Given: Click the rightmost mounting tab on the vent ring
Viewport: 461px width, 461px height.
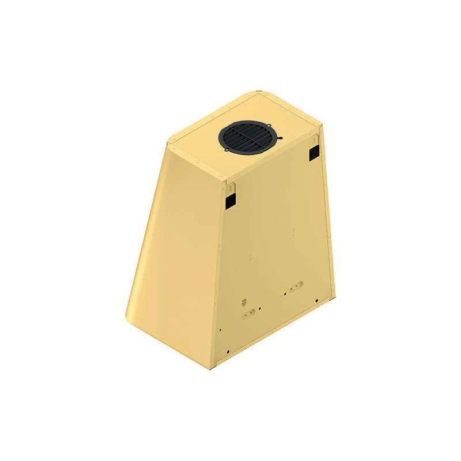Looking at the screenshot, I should (281, 138).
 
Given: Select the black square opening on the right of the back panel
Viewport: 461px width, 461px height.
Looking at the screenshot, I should (314, 152).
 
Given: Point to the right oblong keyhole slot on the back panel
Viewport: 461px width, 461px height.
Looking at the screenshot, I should (296, 286).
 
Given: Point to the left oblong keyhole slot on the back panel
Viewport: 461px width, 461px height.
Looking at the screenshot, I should (248, 313).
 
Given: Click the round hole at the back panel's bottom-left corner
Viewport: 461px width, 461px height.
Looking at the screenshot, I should (228, 352).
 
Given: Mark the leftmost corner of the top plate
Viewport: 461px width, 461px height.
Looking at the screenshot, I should (168, 141).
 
